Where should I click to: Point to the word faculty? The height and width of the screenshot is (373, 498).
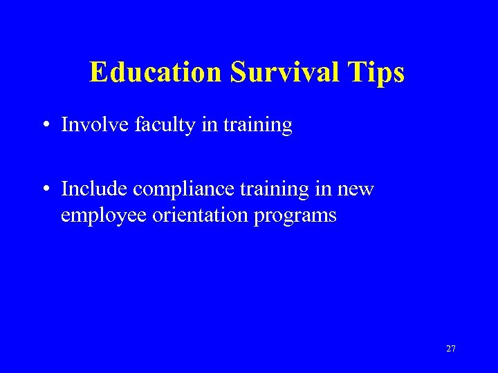coord(155,125)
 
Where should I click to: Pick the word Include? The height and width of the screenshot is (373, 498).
coord(94,189)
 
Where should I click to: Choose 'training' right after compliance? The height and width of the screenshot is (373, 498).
coord(270,189)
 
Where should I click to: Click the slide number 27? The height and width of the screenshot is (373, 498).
coord(451,349)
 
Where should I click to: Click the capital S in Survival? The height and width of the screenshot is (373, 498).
coord(237,72)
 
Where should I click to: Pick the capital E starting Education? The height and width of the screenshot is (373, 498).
coord(98,72)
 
